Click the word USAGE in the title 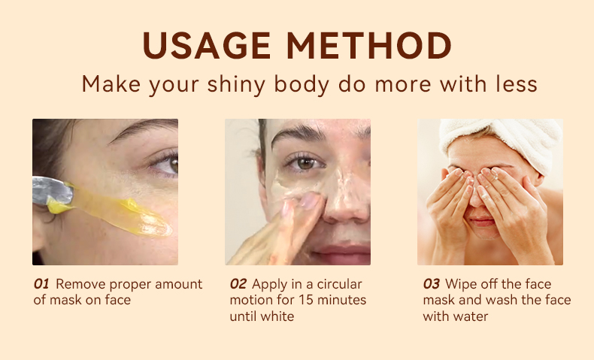[207, 45]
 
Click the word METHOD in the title [369, 45]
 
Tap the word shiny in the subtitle [236, 84]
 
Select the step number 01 [41, 284]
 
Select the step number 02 [238, 284]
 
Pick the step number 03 [432, 284]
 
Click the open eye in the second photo [305, 163]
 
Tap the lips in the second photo [341, 253]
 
